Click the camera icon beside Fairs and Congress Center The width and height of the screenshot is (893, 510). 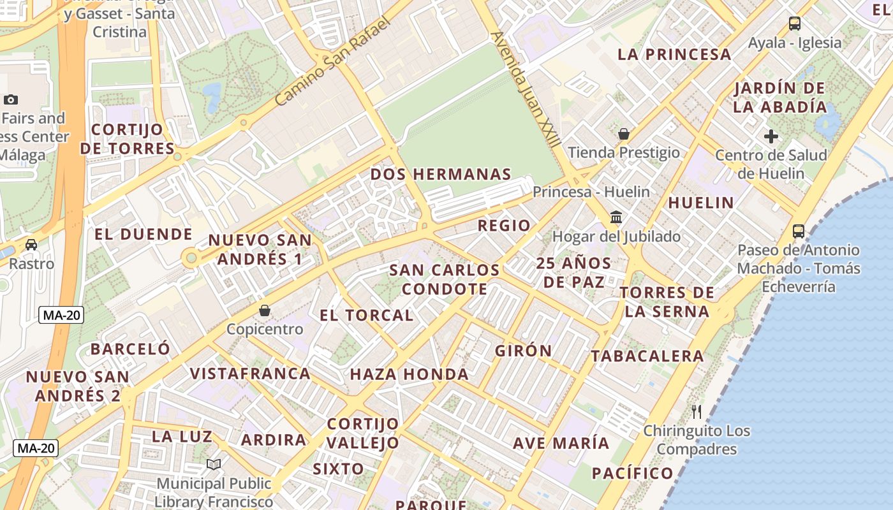click(x=11, y=99)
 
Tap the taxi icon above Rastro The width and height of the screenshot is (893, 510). click(x=31, y=244)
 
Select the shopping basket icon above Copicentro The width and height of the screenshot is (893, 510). click(x=265, y=310)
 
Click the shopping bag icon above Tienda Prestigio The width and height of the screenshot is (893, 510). click(x=624, y=134)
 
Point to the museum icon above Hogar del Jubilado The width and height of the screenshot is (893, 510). click(x=616, y=217)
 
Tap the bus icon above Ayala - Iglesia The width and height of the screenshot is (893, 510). click(x=794, y=24)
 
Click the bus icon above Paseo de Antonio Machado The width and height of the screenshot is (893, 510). click(x=799, y=231)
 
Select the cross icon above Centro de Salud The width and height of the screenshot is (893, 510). click(x=771, y=136)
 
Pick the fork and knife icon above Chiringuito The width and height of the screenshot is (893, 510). click(x=697, y=412)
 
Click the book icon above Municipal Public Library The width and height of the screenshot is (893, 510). click(x=214, y=465)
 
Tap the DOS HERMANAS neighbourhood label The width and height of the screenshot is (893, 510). click(x=441, y=174)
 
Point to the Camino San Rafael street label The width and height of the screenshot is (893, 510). click(x=332, y=62)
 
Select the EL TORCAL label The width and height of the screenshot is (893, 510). click(x=366, y=315)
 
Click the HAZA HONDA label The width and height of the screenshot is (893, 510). click(x=410, y=374)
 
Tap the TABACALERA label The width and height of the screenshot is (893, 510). click(x=647, y=356)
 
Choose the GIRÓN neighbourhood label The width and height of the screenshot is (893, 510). click(x=523, y=351)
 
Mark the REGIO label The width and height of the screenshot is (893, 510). click(x=504, y=225)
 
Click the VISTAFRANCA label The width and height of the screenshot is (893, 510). click(x=250, y=374)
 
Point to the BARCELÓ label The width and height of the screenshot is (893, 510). click(x=130, y=349)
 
